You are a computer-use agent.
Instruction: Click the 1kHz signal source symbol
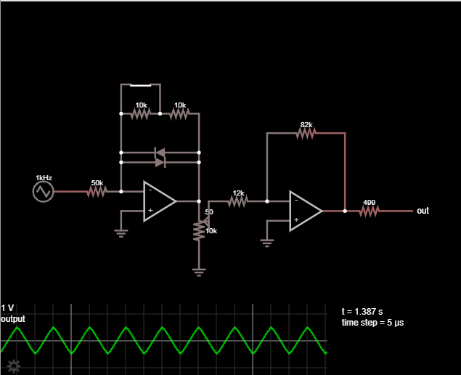pyautogui.click(x=44, y=192)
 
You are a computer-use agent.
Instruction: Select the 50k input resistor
pyautogui.click(x=97, y=192)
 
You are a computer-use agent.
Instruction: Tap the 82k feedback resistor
pyautogui.click(x=306, y=133)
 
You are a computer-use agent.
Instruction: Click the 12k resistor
pyautogui.click(x=238, y=201)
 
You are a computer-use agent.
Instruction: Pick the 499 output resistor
pyautogui.click(x=370, y=211)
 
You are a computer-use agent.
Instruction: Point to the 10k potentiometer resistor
pyautogui.click(x=199, y=231)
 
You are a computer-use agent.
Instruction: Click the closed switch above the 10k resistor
pyautogui.click(x=141, y=85)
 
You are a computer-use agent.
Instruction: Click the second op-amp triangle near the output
pyautogui.click(x=306, y=211)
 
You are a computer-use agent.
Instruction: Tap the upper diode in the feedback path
pyautogui.click(x=160, y=153)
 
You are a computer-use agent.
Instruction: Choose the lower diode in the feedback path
pyautogui.click(x=160, y=163)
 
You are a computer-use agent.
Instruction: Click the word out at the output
pyautogui.click(x=423, y=211)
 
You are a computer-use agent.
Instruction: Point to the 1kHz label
pyautogui.click(x=44, y=178)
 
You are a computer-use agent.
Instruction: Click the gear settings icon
pyautogui.click(x=14, y=366)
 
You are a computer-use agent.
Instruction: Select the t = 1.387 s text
pyautogui.click(x=362, y=312)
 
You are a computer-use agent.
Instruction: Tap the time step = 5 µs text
pyautogui.click(x=372, y=323)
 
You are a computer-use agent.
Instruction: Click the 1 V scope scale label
pyautogui.click(x=7, y=308)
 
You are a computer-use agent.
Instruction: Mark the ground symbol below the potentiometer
pyautogui.click(x=199, y=273)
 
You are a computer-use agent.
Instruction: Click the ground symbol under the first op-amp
pyautogui.click(x=121, y=233)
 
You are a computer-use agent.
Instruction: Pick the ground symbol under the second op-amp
pyautogui.click(x=267, y=243)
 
